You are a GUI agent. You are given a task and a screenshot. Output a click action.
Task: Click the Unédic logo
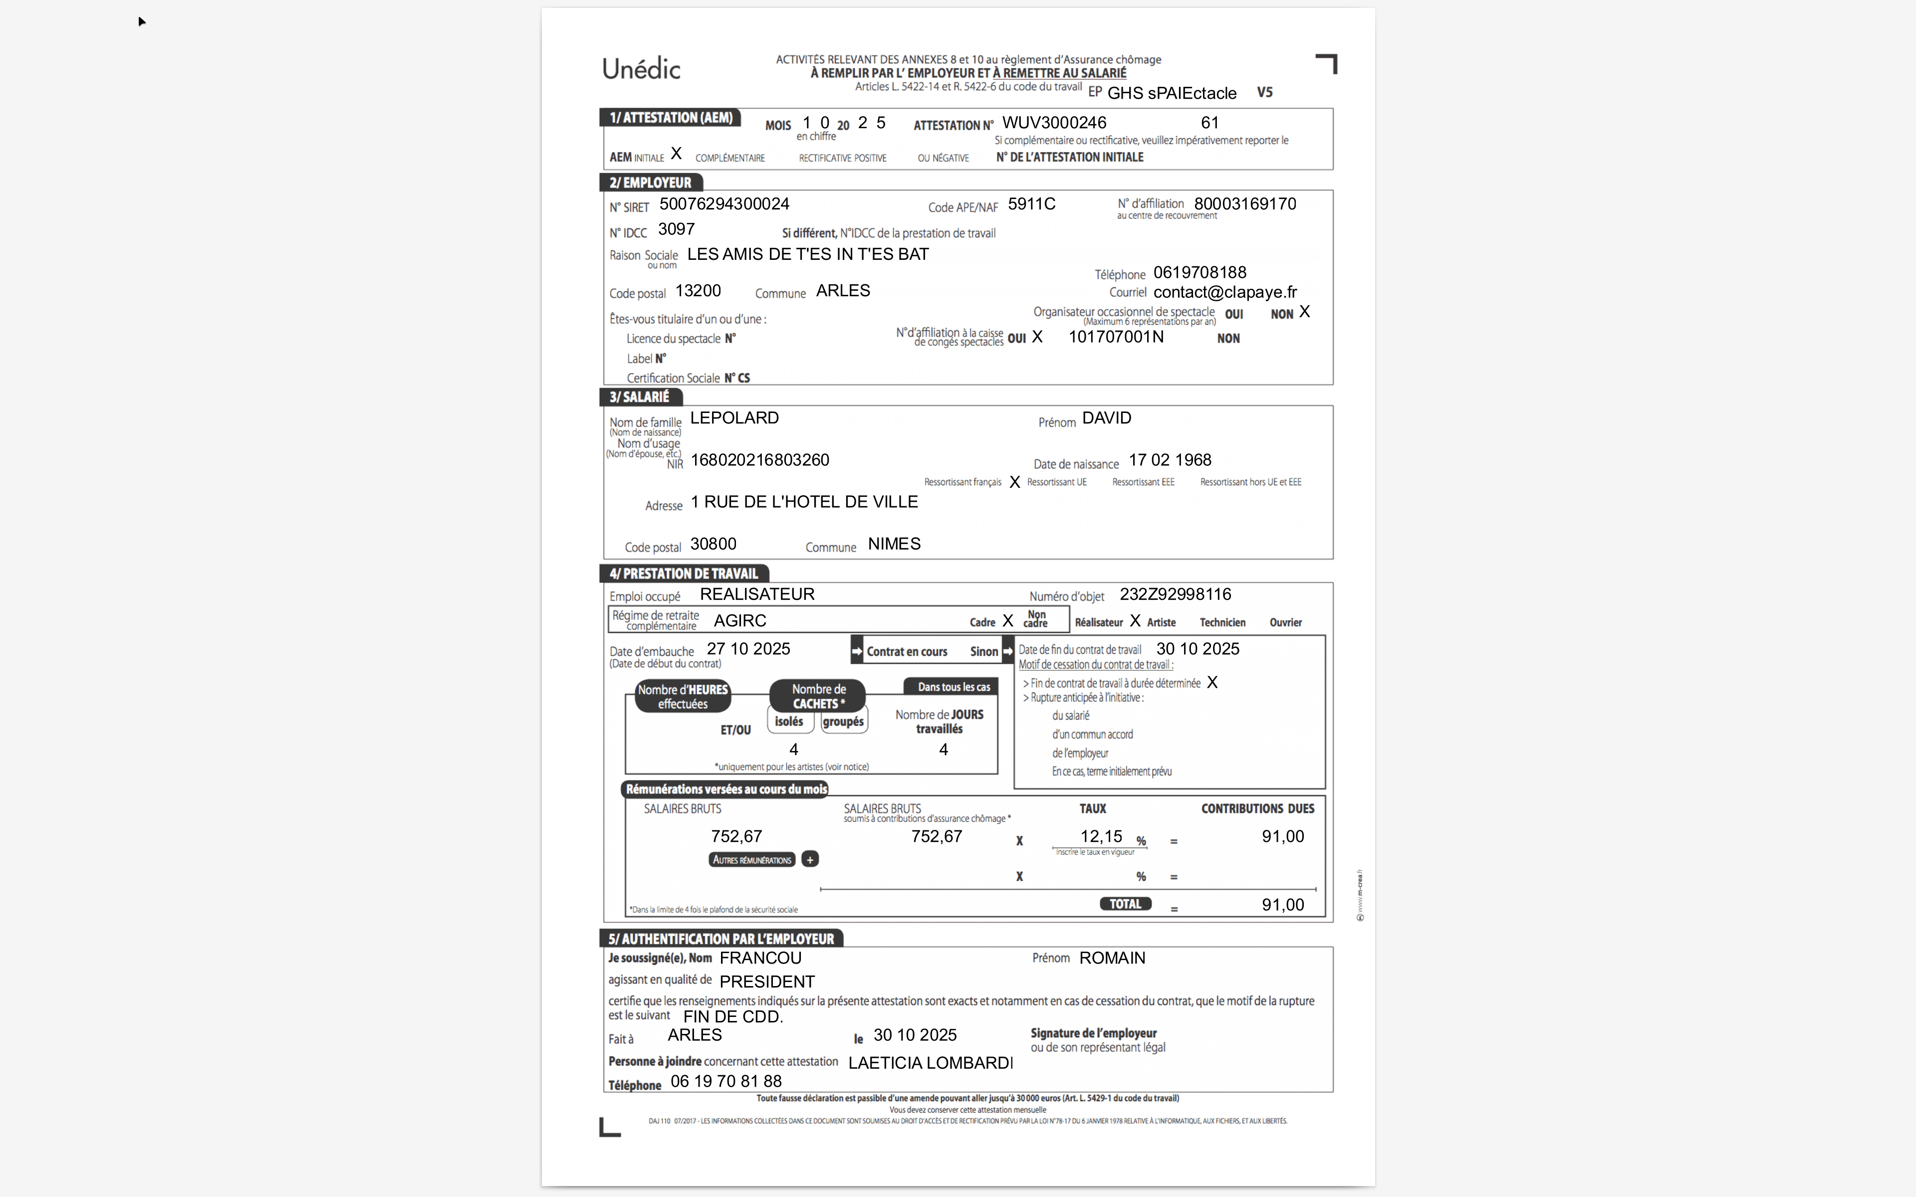click(641, 69)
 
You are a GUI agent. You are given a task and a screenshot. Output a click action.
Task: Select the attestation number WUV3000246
click(1054, 123)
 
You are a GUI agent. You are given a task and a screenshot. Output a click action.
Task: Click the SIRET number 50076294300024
click(723, 204)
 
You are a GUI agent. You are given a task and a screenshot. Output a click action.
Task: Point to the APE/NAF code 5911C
click(1031, 204)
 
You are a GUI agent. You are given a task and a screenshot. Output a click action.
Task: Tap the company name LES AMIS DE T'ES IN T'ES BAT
click(808, 254)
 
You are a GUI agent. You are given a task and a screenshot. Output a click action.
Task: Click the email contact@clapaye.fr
click(1224, 292)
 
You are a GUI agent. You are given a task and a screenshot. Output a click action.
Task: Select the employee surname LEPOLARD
click(734, 418)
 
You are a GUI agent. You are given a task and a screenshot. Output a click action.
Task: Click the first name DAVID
click(1106, 418)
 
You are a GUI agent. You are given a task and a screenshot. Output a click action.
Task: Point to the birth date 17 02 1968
click(1170, 460)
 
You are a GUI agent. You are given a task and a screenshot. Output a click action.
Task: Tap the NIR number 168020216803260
click(759, 460)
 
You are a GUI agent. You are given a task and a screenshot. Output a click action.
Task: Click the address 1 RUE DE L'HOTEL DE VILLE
click(804, 502)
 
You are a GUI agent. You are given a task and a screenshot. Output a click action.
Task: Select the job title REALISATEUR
click(757, 595)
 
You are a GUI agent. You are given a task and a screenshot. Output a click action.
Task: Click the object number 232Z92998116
click(1175, 595)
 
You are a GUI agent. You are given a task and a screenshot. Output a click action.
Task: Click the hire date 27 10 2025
click(748, 649)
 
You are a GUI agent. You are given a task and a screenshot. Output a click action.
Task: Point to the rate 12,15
click(1101, 837)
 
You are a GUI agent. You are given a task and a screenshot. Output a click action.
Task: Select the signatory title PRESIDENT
click(766, 982)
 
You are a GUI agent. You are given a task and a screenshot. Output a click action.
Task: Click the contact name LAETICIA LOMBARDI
click(930, 1063)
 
